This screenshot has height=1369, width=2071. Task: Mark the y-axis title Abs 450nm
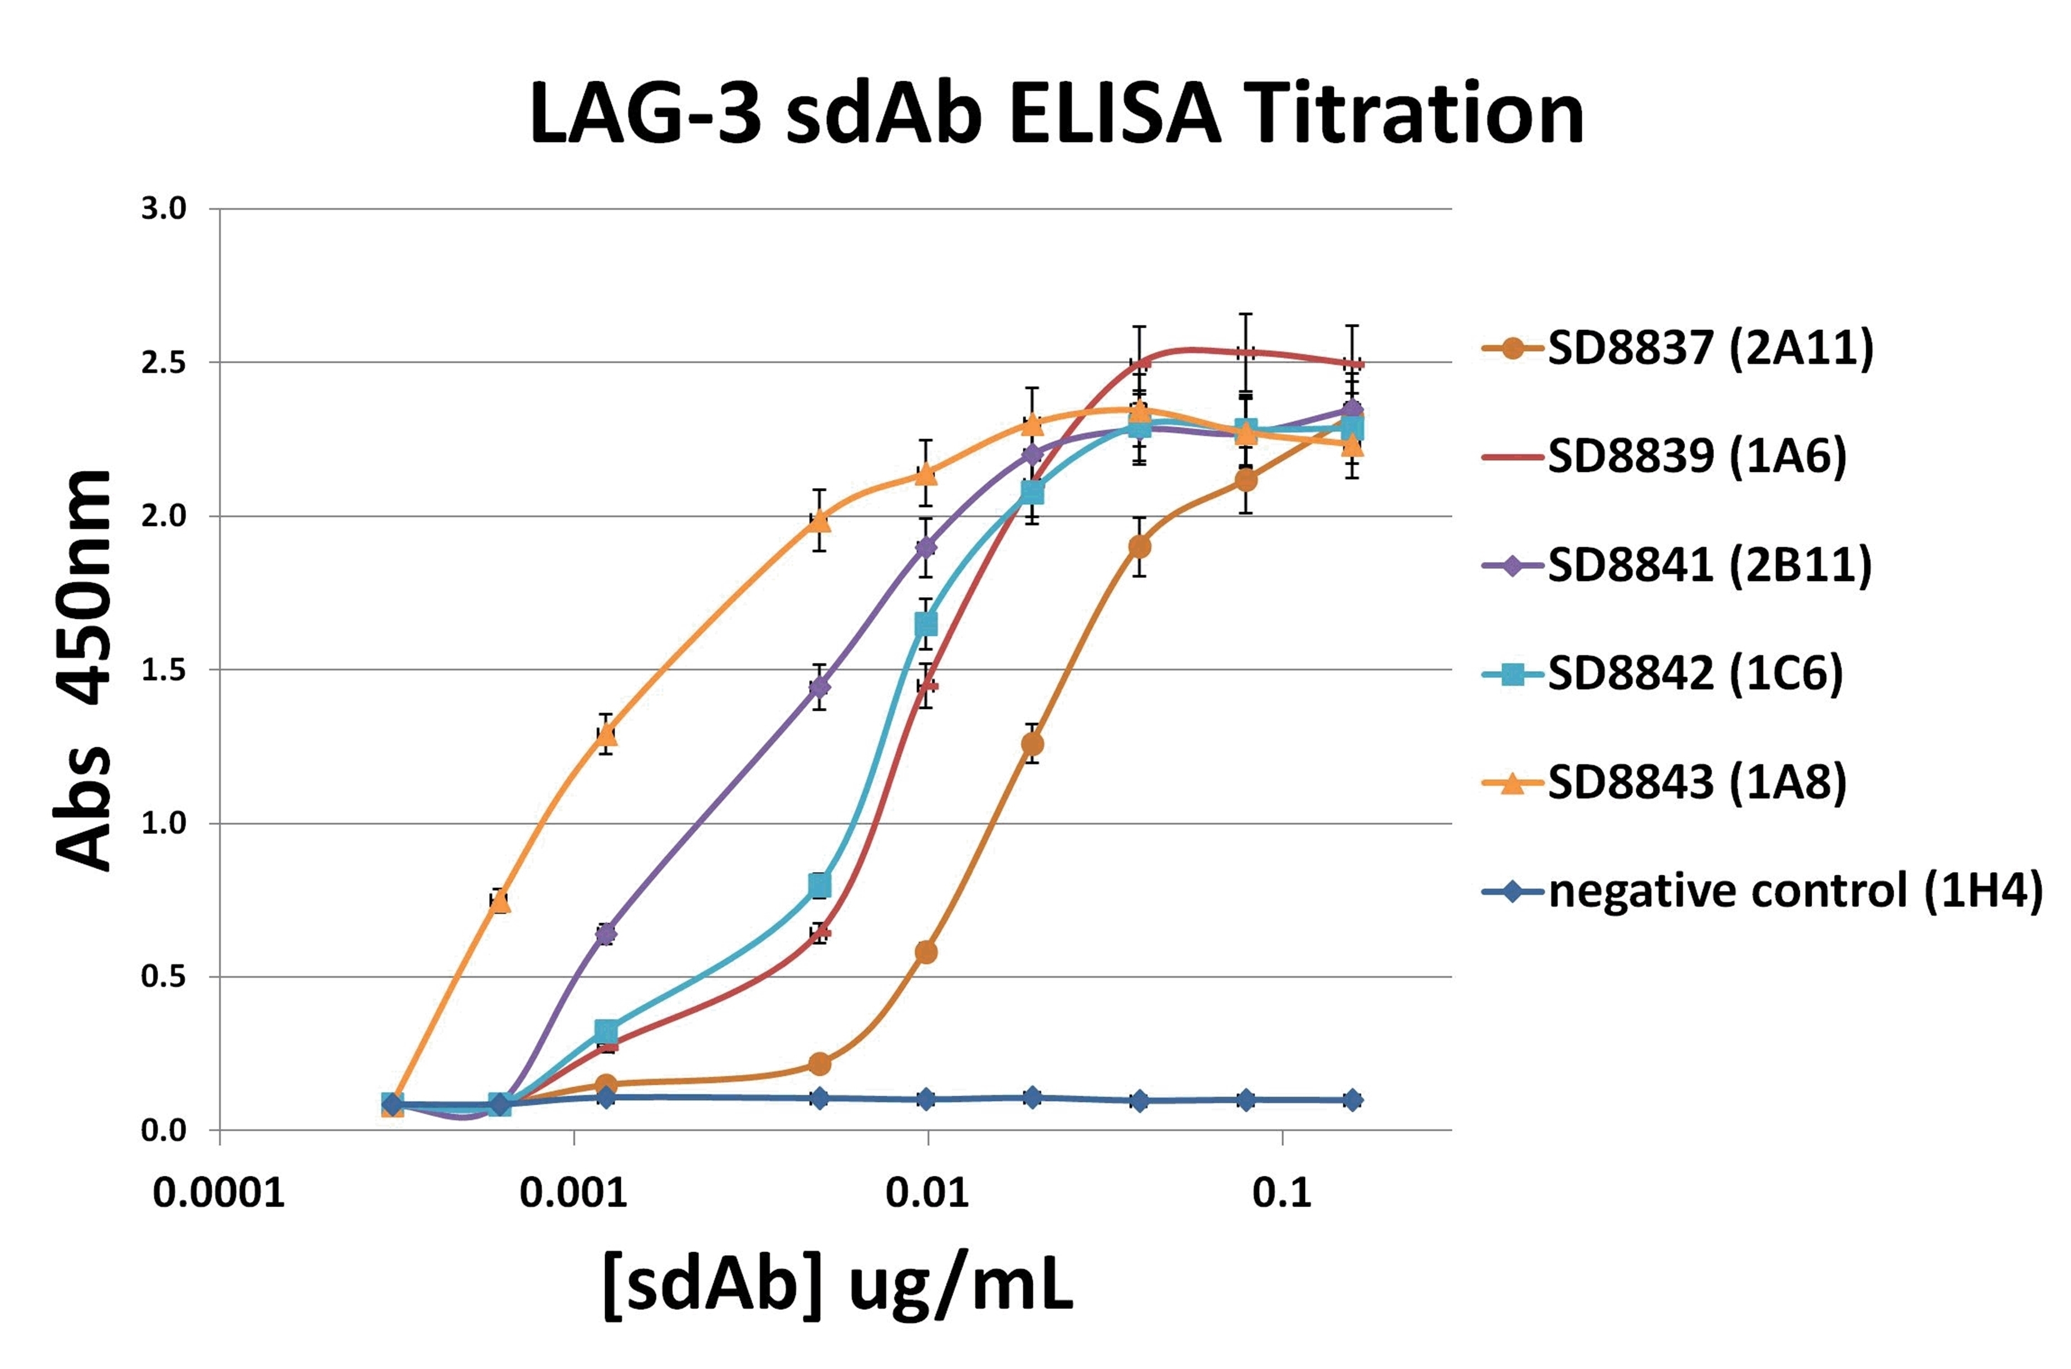(85, 671)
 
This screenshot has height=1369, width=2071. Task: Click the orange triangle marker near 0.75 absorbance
(499, 901)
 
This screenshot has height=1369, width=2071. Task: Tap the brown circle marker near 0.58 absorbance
(927, 952)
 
